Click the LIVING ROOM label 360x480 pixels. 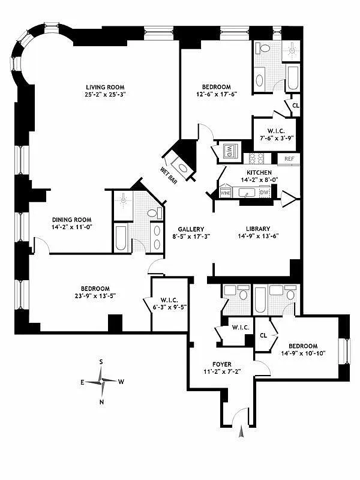click(105, 86)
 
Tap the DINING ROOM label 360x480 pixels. click(71, 219)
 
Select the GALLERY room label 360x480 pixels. click(191, 229)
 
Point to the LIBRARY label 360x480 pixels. click(257, 229)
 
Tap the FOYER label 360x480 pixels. click(221, 364)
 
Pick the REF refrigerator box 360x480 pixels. click(289, 159)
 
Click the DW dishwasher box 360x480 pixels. click(265, 193)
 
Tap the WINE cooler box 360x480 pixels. click(226, 193)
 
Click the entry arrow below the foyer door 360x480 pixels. click(242, 431)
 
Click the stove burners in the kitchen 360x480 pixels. click(256, 158)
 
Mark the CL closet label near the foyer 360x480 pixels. click(263, 337)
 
